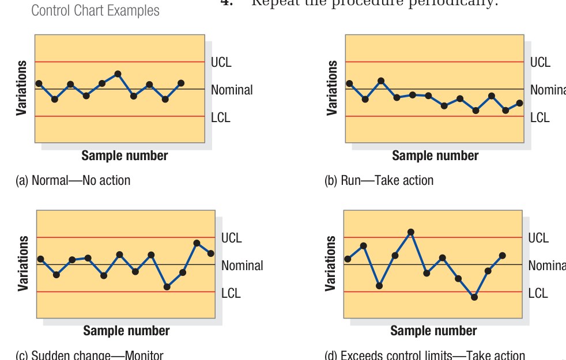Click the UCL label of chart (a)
point(221,62)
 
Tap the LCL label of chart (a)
point(220,118)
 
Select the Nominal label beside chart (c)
point(242,266)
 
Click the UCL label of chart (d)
point(538,238)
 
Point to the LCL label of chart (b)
point(539,118)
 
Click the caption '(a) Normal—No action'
point(73,181)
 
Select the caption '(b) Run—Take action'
point(379,181)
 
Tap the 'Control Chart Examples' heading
point(95,11)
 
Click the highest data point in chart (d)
point(411,232)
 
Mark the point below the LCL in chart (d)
point(474,297)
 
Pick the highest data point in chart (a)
point(118,74)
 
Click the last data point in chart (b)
point(520,103)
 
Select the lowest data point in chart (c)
point(167,287)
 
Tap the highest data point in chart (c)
point(197,243)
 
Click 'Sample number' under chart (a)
point(124,156)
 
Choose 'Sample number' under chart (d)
point(433,331)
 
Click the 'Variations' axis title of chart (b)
point(332,88)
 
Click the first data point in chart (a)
point(39,84)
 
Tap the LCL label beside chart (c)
point(231,293)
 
